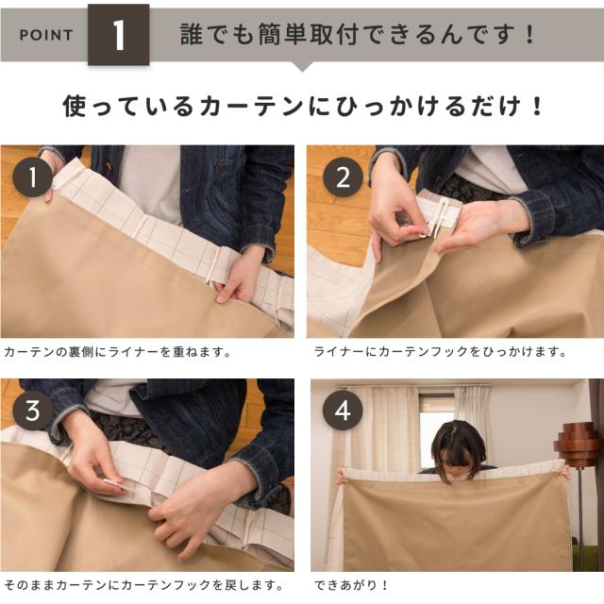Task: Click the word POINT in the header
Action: tap(46, 35)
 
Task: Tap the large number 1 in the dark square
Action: tap(118, 35)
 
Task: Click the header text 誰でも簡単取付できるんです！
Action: tap(357, 34)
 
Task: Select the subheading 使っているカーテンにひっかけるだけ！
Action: tap(302, 106)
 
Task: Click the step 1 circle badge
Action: tap(33, 177)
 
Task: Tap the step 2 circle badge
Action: tap(343, 177)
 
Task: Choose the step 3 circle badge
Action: tap(33, 411)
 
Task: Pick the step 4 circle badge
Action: tap(343, 411)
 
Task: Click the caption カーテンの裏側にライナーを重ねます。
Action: tap(117, 352)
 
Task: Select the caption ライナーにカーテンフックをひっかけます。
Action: tap(441, 351)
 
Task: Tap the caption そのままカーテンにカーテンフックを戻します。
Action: tap(144, 585)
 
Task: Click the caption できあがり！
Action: tap(351, 585)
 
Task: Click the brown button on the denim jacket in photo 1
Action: tap(109, 167)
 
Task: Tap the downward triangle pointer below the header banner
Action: tap(302, 67)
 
